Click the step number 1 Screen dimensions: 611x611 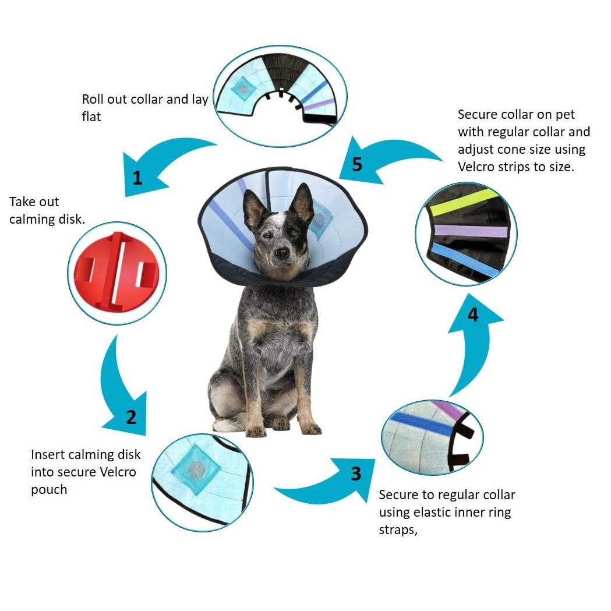click(x=137, y=178)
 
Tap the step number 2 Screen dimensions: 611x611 click(x=132, y=417)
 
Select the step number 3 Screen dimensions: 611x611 click(x=356, y=474)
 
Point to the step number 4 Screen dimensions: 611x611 click(x=473, y=315)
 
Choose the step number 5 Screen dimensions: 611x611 click(x=357, y=164)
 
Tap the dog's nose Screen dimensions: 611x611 click(x=282, y=253)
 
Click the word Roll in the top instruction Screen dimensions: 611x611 click(x=94, y=100)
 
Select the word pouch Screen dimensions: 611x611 click(x=49, y=490)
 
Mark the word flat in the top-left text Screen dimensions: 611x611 click(x=91, y=117)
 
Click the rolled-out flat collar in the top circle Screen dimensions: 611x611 click(x=280, y=93)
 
